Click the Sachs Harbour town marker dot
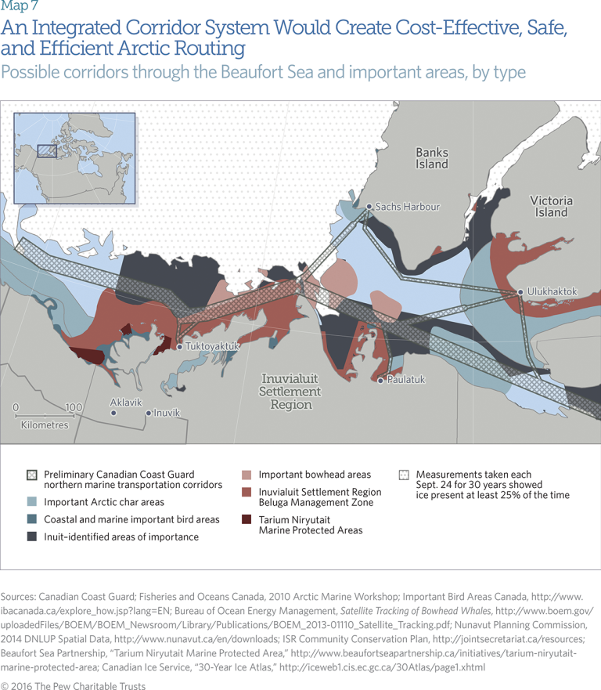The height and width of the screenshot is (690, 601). tap(369, 207)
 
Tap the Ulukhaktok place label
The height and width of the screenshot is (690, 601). tap(552, 291)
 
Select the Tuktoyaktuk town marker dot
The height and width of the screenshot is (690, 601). tap(179, 346)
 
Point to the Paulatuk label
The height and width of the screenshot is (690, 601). tap(406, 380)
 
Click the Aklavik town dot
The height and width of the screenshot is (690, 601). tap(113, 412)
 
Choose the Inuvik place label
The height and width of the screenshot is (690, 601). tap(167, 413)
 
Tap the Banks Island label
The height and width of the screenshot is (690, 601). tap(432, 158)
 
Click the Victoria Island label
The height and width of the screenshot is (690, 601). tap(551, 206)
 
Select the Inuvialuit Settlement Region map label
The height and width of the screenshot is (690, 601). tap(290, 392)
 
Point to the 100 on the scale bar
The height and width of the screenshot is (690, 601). tap(74, 407)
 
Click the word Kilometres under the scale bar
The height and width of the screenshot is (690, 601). tap(45, 425)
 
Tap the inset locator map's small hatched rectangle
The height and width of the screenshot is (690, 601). tap(47, 149)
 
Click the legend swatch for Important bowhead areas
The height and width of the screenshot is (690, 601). tap(247, 475)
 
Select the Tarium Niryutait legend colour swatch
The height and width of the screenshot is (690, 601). tap(247, 519)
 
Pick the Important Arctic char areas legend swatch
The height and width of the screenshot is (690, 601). tap(31, 502)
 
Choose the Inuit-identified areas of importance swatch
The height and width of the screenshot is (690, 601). tap(31, 536)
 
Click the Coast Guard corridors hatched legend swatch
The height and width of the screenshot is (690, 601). tap(31, 475)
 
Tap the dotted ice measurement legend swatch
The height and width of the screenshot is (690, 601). tap(404, 475)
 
